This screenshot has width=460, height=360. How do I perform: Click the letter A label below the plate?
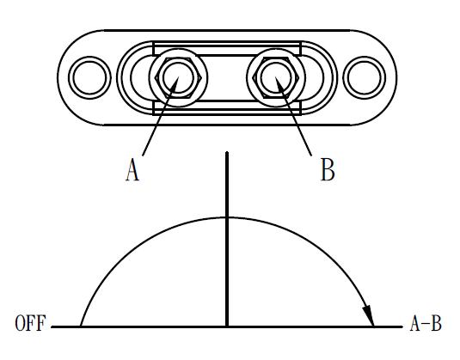pos(132,169)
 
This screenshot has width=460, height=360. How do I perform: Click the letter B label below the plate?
pos(328,169)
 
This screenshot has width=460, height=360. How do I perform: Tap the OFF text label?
pos(30,323)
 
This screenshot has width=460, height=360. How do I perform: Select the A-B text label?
pos(426,323)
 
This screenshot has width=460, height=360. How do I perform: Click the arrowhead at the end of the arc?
pos(369,315)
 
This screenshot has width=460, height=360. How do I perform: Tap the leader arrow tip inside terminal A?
pos(178,77)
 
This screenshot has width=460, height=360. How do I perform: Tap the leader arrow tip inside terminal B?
pos(276,77)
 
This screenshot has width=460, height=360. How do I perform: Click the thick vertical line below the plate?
pos(227,239)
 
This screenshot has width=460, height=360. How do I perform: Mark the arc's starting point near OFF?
pos(81,326)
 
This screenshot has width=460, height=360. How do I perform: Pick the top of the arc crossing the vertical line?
pos(227,217)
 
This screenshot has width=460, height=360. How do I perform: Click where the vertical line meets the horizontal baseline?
pos(227,326)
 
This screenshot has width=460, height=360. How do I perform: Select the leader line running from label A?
pos(161,116)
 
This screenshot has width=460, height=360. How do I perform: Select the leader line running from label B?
pos(293,116)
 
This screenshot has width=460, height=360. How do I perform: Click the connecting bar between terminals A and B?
pos(227,77)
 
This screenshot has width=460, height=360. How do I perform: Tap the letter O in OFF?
pos(20,323)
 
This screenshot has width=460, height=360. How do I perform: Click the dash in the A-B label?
pos(426,325)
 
